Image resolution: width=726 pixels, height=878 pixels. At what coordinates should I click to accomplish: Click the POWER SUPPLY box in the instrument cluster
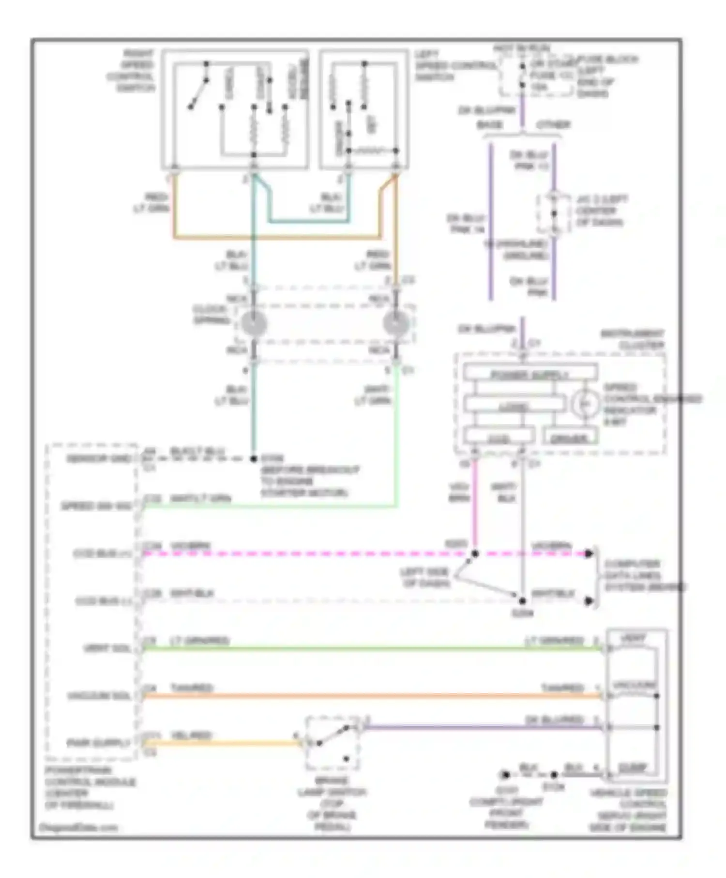click(x=529, y=374)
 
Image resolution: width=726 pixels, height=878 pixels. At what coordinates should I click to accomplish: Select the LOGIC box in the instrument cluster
click(x=514, y=406)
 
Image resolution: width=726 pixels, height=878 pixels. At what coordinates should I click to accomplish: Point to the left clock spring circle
click(x=254, y=324)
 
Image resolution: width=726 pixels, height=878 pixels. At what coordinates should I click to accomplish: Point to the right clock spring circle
click(x=396, y=324)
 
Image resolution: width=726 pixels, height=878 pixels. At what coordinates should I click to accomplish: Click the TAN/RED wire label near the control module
click(x=192, y=687)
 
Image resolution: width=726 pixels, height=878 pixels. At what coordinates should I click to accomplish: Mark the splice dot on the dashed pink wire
click(x=475, y=553)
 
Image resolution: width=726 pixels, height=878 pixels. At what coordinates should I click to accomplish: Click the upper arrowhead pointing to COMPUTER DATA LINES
click(x=588, y=553)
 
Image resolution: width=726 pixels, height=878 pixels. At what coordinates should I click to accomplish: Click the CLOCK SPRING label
click(x=210, y=315)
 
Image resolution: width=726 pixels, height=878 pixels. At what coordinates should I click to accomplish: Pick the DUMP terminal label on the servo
click(x=632, y=768)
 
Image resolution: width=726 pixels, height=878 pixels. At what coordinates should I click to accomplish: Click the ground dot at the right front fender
click(x=505, y=774)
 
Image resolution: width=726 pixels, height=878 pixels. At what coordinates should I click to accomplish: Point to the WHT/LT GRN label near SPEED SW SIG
click(x=200, y=499)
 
